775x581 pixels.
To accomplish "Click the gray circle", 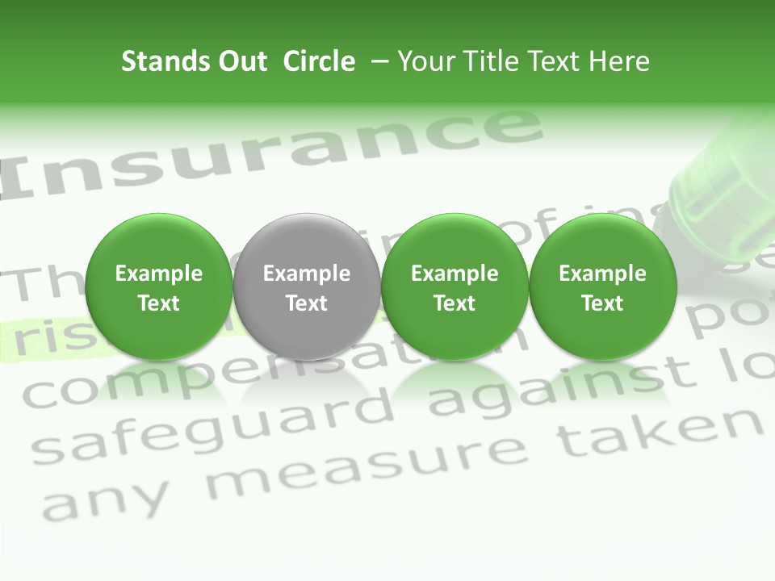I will click(307, 286).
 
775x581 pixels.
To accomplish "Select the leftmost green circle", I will click(159, 286).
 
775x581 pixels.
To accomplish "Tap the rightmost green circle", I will click(602, 286).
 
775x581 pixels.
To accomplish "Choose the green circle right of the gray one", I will click(455, 286).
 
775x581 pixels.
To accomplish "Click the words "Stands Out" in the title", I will click(194, 61).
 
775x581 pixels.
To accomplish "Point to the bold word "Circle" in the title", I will click(319, 61).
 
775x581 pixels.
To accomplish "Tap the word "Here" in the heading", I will click(622, 61).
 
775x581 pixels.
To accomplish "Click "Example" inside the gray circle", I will click(307, 274).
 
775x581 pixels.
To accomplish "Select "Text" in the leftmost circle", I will click(159, 303).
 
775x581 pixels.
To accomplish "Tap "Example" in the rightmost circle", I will click(602, 274).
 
